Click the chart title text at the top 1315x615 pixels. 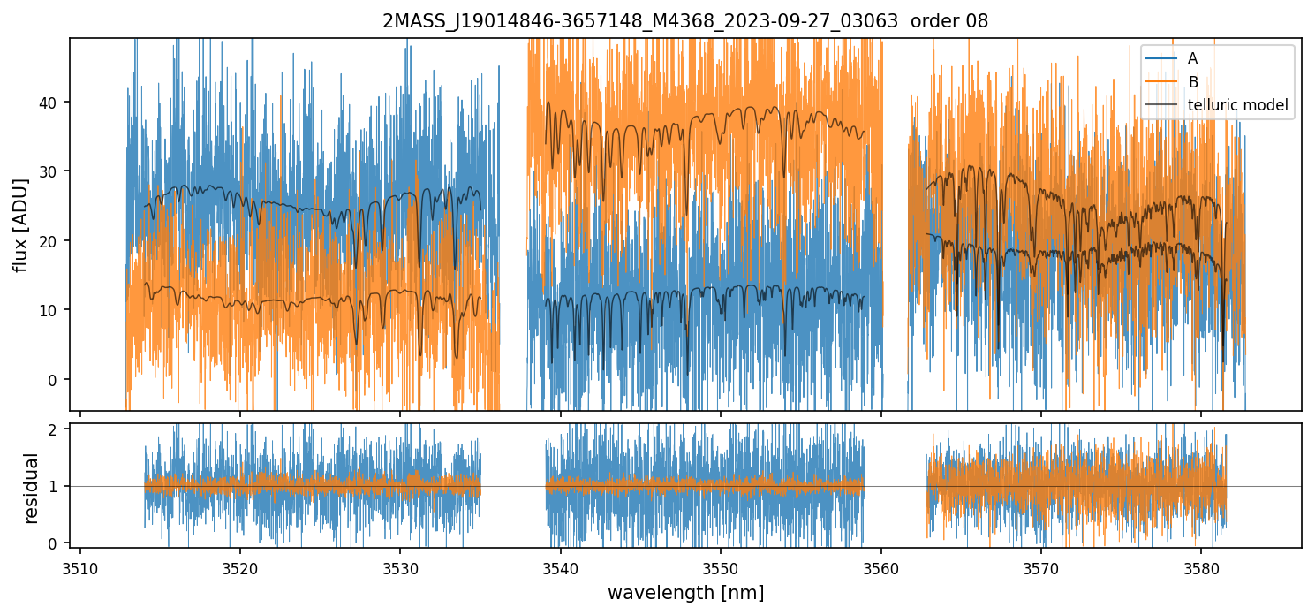pos(685,21)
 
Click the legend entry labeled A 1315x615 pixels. pos(1192,58)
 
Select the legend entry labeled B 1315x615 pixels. pos(1192,82)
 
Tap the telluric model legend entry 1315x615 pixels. pos(1237,105)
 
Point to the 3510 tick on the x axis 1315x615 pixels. pos(80,567)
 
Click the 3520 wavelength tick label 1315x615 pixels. pos(240,567)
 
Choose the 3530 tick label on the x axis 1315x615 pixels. pos(400,567)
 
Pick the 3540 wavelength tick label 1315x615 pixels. pos(561,567)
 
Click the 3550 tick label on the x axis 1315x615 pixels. pos(721,567)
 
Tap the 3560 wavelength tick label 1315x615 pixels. pos(881,567)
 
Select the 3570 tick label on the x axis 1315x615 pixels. pos(1041,567)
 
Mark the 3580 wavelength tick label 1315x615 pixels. pos(1201,567)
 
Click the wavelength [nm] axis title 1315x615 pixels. pos(685,593)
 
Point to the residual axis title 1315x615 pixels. pos(32,488)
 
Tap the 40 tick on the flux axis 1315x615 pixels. pos(51,102)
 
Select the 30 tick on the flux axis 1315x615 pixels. pos(51,171)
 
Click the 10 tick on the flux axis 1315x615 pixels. pos(51,310)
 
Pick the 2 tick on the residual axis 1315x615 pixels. pos(55,429)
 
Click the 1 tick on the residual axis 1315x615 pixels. pos(55,486)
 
